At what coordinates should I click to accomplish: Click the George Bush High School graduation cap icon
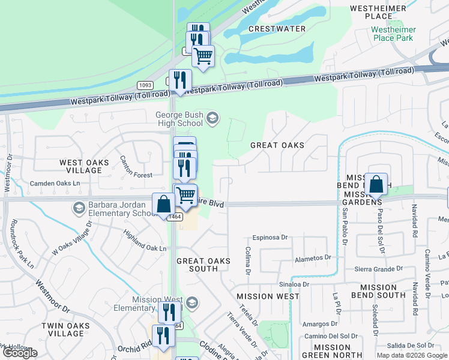211,118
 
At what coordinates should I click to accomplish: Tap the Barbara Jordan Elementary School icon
79,208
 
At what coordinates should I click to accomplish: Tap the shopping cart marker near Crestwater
203,56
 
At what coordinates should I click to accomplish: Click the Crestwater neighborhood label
277,29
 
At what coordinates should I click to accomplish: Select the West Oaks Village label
84,166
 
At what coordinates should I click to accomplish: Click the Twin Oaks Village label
66,329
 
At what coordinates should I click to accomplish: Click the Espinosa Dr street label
270,238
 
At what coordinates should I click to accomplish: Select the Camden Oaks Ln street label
52,182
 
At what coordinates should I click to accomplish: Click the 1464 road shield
175,217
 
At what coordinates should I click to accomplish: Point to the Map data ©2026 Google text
411,355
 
